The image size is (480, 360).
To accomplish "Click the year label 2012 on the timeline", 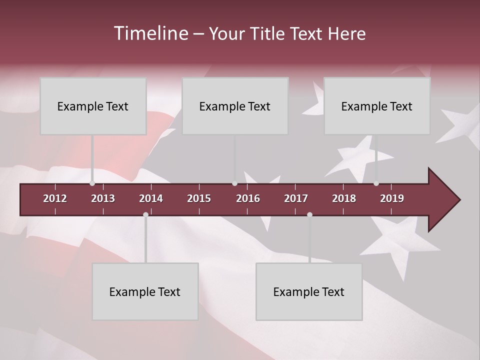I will click(x=55, y=198).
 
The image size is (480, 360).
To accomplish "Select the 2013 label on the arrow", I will click(x=103, y=198).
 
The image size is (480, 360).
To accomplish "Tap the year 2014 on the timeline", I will click(x=151, y=198).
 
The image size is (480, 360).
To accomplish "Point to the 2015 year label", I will click(x=199, y=198).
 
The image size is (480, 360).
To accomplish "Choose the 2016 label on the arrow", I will click(x=248, y=198).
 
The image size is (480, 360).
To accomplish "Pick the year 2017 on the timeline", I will click(x=296, y=198).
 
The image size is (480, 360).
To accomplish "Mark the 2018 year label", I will click(x=344, y=198).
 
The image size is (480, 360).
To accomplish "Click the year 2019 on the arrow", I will click(x=392, y=198).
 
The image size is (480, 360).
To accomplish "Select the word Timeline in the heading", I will click(x=150, y=33).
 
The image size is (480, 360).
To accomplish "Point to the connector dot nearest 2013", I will click(x=92, y=183).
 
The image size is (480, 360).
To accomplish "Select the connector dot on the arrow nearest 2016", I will click(x=234, y=183).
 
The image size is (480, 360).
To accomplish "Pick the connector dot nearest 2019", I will click(x=376, y=183).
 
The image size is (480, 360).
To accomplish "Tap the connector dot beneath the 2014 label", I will click(x=145, y=214).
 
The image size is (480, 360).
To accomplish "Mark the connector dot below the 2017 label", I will click(x=309, y=214).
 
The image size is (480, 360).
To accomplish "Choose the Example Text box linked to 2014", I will click(x=145, y=291).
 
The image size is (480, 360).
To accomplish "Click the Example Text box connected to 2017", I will click(x=309, y=291).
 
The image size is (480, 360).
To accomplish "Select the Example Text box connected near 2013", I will click(x=93, y=106).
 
